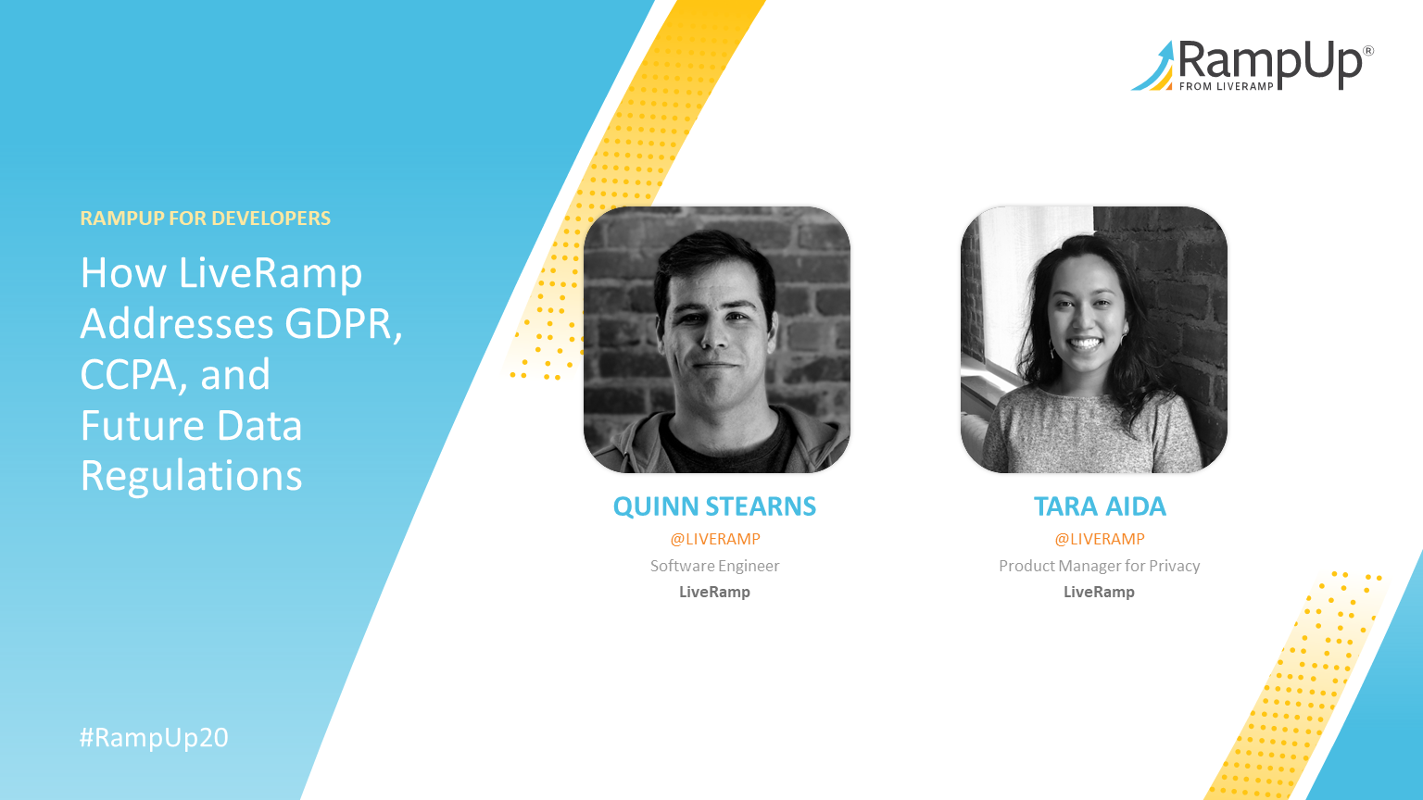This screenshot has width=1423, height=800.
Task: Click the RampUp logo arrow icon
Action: pos(1153,68)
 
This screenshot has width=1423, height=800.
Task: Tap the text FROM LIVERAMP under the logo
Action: pos(1226,86)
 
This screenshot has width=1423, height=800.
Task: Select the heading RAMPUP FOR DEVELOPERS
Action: pos(205,219)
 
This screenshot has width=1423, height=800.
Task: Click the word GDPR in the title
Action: pos(343,324)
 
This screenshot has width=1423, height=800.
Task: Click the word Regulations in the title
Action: pos(191,476)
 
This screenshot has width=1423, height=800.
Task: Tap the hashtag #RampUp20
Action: pos(154,738)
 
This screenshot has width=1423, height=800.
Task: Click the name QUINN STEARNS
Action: pos(714,506)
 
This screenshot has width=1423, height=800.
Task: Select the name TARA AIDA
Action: pos(1100,506)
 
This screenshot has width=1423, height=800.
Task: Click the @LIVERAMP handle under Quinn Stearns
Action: pos(714,539)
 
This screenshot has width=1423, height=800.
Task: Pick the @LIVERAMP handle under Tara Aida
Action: pos(1100,539)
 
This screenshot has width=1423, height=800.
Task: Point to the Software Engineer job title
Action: pos(714,566)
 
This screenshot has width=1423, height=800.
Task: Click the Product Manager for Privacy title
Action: pos(1100,566)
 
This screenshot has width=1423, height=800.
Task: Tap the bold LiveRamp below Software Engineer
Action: pos(714,592)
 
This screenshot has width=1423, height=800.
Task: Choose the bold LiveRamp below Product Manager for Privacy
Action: pos(1100,592)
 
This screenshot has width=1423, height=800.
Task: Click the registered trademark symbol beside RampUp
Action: pos(1368,51)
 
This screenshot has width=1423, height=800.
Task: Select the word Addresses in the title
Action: pos(177,324)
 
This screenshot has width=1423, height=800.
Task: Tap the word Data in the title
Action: pos(259,425)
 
